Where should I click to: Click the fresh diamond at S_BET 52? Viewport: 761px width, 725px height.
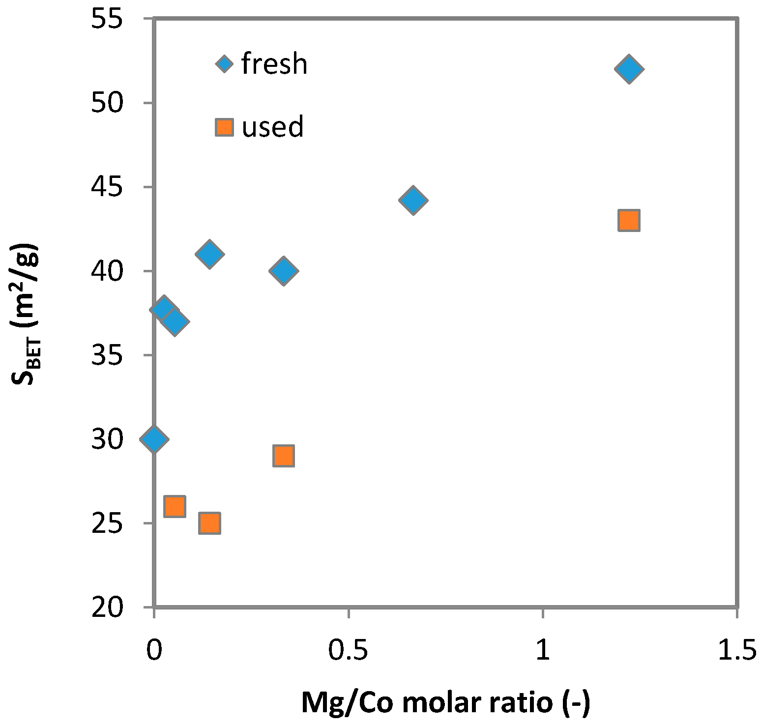coord(629,69)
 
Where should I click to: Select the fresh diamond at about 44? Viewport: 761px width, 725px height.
coord(413,200)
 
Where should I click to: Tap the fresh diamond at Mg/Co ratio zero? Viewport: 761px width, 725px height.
coord(154,438)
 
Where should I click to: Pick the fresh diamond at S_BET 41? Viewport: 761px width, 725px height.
coord(209,254)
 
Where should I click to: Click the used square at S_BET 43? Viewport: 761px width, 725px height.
coord(629,220)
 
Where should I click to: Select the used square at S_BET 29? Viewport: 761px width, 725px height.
coord(284,456)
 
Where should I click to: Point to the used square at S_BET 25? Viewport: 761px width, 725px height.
coord(209,523)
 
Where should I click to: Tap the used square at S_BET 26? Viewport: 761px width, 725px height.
coord(175,506)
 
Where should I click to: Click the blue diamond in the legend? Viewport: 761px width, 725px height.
coord(225,64)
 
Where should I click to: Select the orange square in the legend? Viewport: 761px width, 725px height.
coord(225,127)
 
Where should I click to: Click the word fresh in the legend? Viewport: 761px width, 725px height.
coord(274,64)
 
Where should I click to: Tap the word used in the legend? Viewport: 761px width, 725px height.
coord(272,127)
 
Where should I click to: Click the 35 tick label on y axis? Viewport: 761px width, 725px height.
coord(107,355)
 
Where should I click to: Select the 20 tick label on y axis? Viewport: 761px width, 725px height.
coord(107,608)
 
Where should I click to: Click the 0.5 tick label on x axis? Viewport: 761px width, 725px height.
coord(348,650)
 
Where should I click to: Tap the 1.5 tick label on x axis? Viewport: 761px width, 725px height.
coord(736,650)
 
